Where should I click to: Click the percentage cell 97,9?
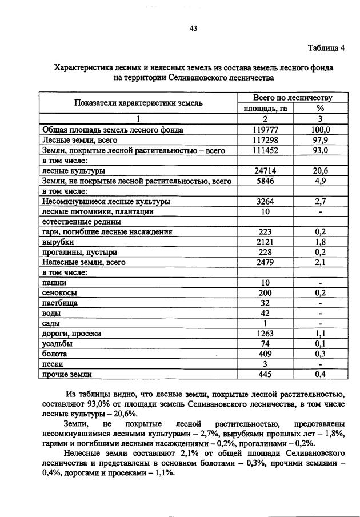pyautogui.click(x=320, y=140)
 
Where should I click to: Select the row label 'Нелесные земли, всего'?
pyautogui.click(x=83, y=262)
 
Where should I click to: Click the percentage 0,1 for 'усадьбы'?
pyautogui.click(x=320, y=344)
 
